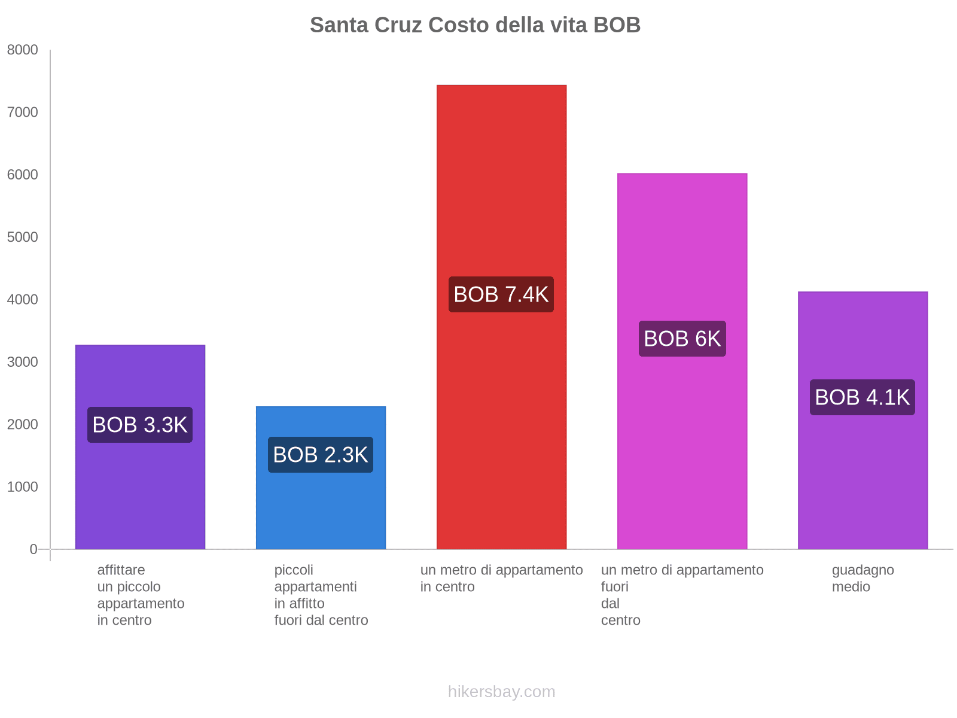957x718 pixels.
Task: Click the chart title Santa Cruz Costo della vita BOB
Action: click(x=475, y=25)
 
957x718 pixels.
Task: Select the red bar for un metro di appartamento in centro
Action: click(x=501, y=180)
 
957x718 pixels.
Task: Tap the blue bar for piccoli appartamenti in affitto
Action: click(x=321, y=509)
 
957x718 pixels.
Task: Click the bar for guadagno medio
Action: click(x=862, y=479)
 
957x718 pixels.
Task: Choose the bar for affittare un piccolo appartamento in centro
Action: click(x=140, y=491)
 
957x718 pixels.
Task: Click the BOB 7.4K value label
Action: click(x=501, y=294)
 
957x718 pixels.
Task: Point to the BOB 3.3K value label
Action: click(x=140, y=425)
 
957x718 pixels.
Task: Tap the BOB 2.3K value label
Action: click(x=321, y=455)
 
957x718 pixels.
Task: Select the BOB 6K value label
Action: click(x=682, y=339)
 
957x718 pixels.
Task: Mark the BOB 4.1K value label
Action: click(x=862, y=397)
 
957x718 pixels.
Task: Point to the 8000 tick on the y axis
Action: click(x=23, y=50)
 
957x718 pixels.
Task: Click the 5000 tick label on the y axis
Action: click(x=23, y=238)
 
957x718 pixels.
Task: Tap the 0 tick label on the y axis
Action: click(x=33, y=549)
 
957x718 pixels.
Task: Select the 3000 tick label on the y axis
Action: click(x=23, y=362)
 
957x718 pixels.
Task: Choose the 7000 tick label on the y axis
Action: click(x=23, y=112)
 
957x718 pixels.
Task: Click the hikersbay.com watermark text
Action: click(x=501, y=692)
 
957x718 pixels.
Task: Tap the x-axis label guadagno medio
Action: click(x=862, y=578)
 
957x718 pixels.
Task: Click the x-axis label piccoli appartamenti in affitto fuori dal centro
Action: click(x=321, y=595)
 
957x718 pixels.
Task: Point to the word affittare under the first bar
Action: click(x=121, y=570)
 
